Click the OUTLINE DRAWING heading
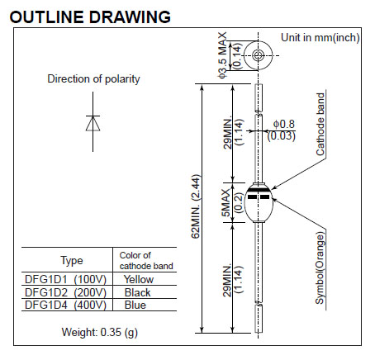point(90,17)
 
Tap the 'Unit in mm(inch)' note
point(320,38)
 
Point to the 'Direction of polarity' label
point(93,78)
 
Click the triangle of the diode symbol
point(93,123)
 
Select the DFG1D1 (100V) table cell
point(65,279)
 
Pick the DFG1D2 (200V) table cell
point(65,292)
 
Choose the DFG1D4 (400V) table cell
point(65,305)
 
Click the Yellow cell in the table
point(139,279)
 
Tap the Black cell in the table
point(137,292)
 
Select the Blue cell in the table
point(135,305)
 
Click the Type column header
point(72,260)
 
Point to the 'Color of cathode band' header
point(146,261)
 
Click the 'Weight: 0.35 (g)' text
point(99,332)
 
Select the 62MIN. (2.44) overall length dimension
point(196,206)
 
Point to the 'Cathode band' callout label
point(320,125)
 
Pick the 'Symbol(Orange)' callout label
point(320,268)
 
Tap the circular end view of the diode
point(259,55)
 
